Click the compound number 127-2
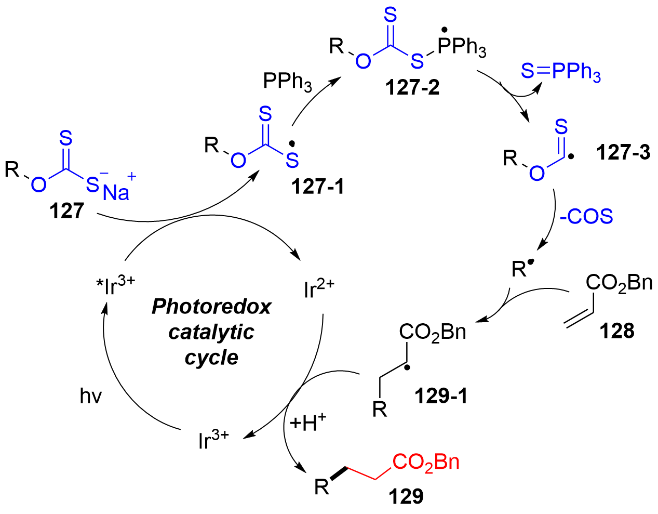412,87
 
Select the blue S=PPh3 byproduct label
560,72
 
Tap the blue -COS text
586,216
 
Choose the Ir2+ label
319,289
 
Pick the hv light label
90,397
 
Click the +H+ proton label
308,424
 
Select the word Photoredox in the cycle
211,307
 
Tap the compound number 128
617,331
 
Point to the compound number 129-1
441,397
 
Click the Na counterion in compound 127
116,193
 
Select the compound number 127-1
317,187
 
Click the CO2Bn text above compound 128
619,283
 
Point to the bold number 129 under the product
406,496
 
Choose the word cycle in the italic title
211,358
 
